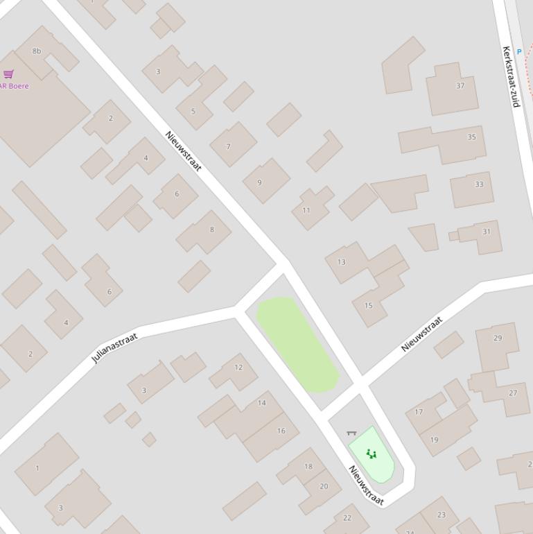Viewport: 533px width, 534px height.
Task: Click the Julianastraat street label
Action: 114,347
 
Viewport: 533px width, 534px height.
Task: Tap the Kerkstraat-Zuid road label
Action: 511,76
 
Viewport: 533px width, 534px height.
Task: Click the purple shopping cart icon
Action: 9,74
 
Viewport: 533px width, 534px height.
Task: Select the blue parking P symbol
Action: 518,52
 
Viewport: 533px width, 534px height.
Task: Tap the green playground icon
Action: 372,454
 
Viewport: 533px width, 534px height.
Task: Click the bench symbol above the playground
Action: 351,433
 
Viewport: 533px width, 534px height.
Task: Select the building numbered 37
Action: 453,88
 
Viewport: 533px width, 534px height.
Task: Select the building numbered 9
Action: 265,181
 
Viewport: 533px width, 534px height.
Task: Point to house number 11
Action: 310,208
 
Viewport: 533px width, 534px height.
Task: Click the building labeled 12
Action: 234,371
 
